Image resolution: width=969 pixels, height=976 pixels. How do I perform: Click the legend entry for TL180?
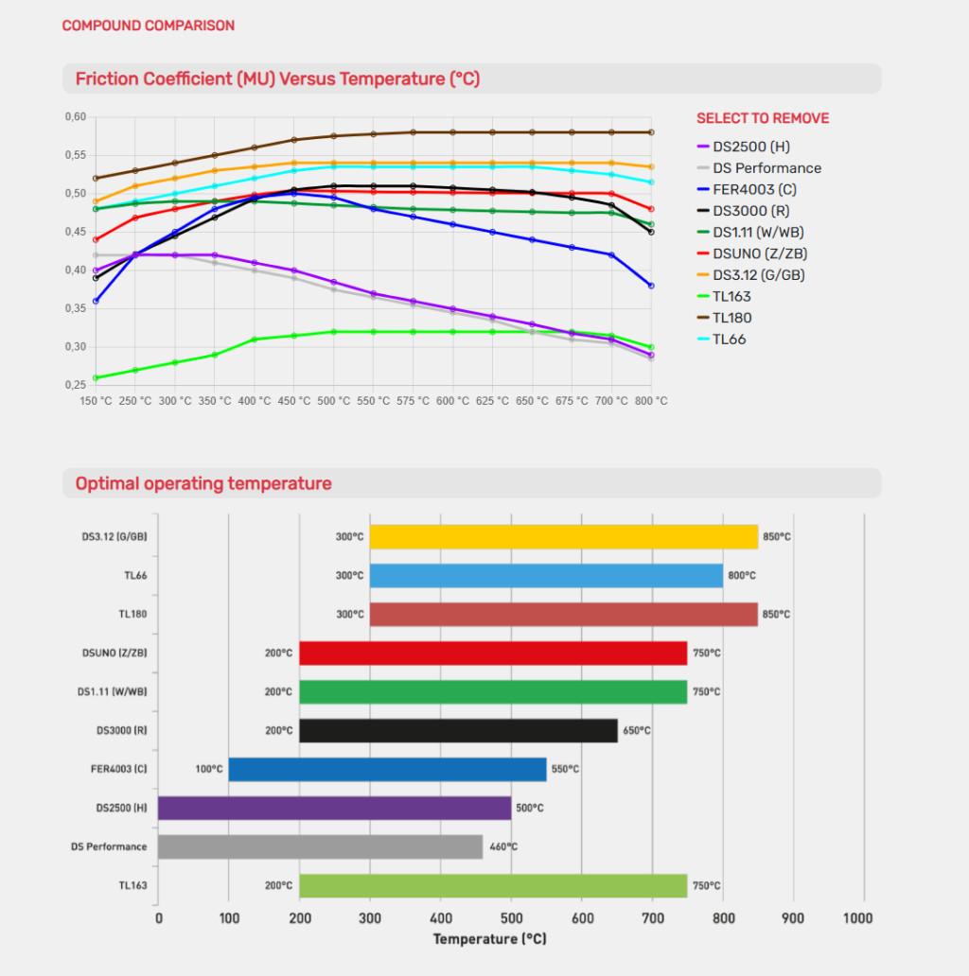[732, 318]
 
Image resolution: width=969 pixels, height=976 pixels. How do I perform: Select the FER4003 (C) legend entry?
[753, 189]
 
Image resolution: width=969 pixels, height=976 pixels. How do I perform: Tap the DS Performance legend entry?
[766, 168]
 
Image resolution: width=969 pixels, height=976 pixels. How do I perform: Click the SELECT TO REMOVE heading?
[763, 118]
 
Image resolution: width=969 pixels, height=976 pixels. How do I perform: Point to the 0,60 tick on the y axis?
[75, 117]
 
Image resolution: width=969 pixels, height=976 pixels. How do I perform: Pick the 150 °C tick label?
[97, 401]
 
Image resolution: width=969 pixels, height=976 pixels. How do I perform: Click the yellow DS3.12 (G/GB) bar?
[563, 537]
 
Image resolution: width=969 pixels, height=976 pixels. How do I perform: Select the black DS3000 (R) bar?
[458, 730]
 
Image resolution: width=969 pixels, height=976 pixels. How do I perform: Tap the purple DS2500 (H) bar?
[334, 808]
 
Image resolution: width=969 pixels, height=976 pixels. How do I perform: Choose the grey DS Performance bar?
[320, 846]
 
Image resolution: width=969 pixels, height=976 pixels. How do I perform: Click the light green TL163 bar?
[493, 886]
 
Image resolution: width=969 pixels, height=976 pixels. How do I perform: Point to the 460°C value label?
[502, 847]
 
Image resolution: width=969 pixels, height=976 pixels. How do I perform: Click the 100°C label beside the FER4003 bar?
[209, 769]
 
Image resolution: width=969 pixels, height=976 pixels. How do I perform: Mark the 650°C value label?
[636, 730]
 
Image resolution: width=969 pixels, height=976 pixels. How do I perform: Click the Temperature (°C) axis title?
[489, 939]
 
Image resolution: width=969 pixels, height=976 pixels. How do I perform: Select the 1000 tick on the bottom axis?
[858, 918]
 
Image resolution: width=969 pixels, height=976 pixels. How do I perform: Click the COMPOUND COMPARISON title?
[149, 26]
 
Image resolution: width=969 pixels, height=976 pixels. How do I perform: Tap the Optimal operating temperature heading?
[203, 484]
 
